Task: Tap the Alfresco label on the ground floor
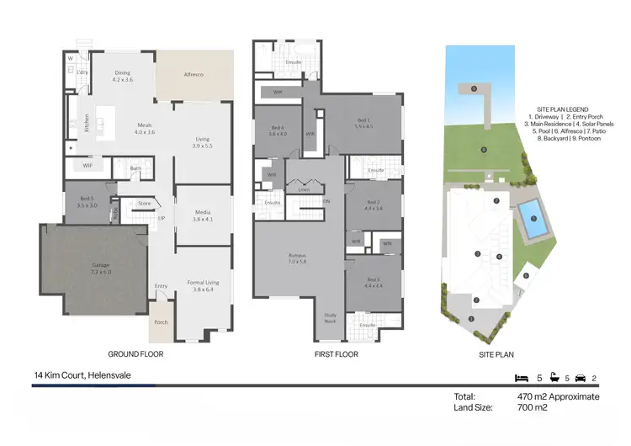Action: (194, 75)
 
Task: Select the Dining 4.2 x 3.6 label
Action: (123, 76)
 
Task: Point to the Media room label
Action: (202, 215)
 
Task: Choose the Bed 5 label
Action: (87, 201)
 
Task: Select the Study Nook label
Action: (331, 318)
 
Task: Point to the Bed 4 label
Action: (277, 130)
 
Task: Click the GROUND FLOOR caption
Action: (135, 355)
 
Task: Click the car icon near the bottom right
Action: (580, 378)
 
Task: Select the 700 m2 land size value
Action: (532, 408)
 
